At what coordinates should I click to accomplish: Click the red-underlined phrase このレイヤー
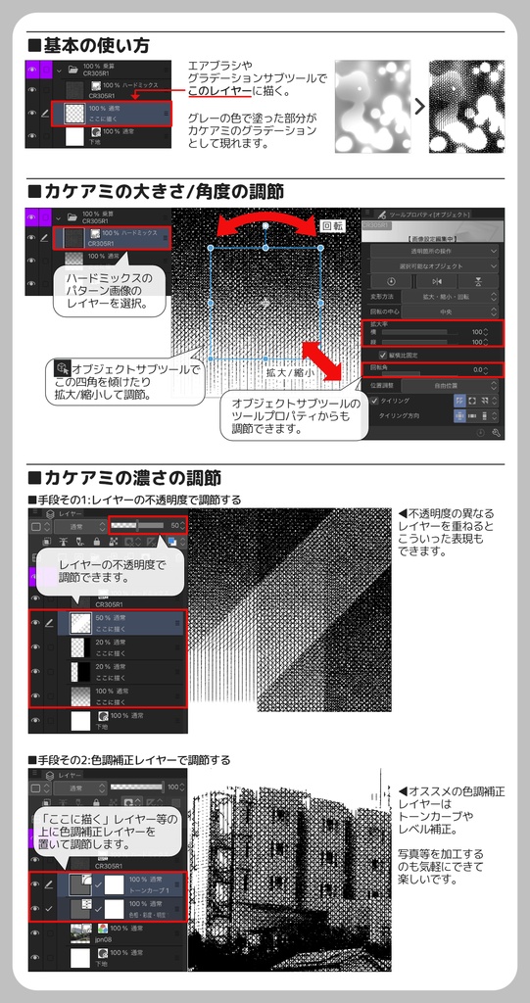(x=219, y=91)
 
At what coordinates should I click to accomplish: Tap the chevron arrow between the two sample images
(x=417, y=105)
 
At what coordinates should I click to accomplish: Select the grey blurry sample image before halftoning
(x=371, y=106)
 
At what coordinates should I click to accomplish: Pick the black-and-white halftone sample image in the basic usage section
(x=466, y=106)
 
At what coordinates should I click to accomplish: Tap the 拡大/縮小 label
(x=289, y=372)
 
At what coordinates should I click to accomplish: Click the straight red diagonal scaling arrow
(x=322, y=361)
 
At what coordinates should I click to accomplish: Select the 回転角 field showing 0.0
(x=432, y=369)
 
